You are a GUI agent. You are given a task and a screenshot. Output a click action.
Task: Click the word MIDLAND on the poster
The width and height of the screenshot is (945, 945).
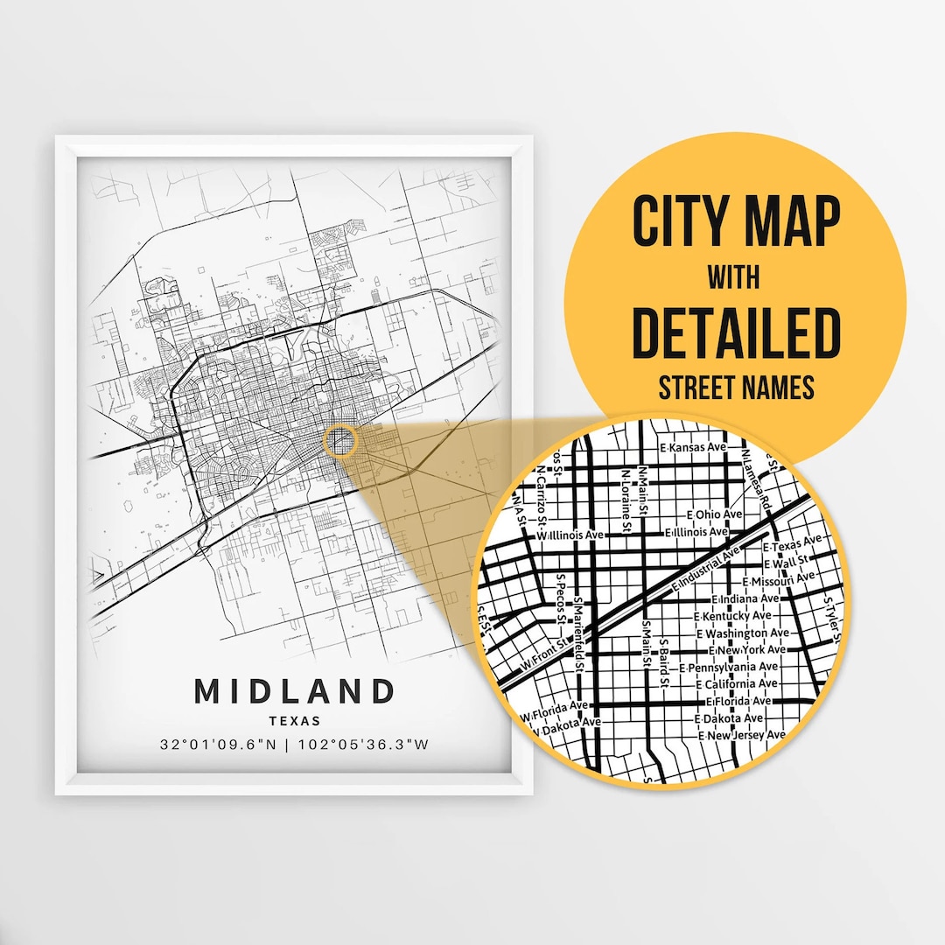pos(295,691)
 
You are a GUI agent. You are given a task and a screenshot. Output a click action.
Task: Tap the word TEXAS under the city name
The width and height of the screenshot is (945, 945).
pos(295,722)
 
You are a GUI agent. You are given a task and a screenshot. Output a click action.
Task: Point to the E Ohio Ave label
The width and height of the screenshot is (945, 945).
pos(715,514)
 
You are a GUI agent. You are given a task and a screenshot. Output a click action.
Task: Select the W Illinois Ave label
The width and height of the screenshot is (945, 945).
pos(570,535)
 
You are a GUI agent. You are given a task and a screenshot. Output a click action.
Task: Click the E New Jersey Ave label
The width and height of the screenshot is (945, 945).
pos(741,735)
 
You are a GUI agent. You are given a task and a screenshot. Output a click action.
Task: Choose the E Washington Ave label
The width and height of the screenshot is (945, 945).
pos(743,633)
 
